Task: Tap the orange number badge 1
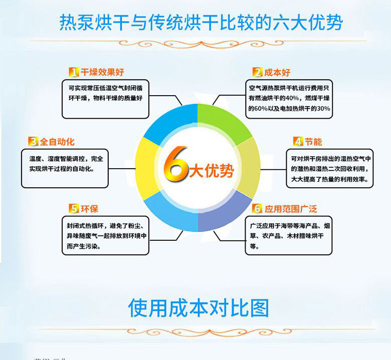point(74,72)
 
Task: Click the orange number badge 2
point(257,72)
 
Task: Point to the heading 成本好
point(278,72)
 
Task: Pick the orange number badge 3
point(33,141)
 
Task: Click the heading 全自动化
point(57,141)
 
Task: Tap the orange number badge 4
point(298,142)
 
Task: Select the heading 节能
point(314,142)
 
